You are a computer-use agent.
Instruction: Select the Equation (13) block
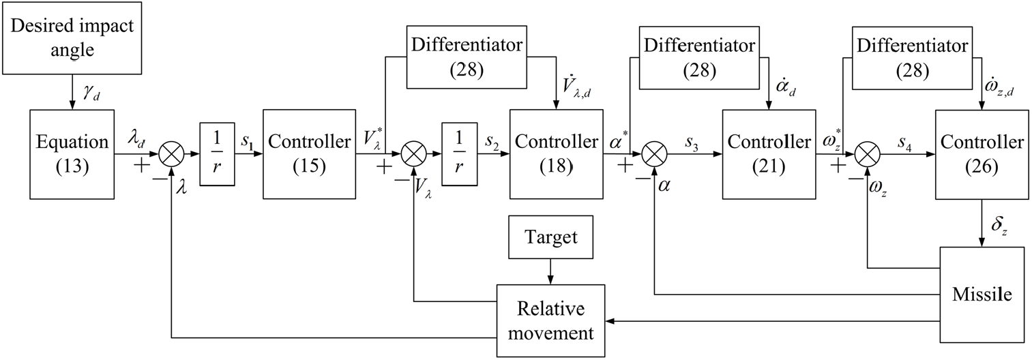point(72,153)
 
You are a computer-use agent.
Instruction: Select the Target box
point(551,237)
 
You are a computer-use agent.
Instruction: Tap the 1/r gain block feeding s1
point(216,154)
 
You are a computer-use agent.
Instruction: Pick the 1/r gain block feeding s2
point(459,154)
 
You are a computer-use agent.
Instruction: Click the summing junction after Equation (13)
point(171,154)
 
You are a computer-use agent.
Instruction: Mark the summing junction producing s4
point(868,154)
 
